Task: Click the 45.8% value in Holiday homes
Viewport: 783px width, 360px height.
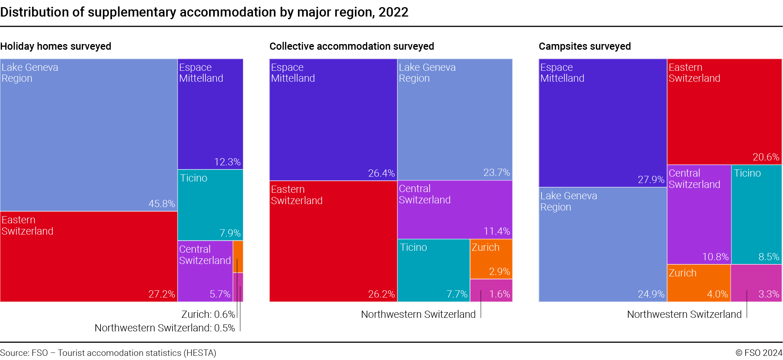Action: coord(162,204)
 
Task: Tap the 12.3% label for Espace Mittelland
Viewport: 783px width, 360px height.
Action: coord(227,162)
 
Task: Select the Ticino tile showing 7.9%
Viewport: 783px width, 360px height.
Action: coord(210,205)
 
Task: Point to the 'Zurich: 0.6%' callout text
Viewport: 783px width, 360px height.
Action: coord(208,314)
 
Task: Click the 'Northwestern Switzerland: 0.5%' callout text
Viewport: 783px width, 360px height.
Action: coord(165,328)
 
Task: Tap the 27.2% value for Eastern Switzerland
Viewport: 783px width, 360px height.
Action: coord(162,294)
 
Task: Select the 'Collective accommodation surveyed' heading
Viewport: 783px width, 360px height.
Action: coord(351,46)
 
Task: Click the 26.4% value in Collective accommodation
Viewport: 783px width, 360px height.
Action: coord(381,173)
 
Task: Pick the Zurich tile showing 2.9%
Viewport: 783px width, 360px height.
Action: coord(491,259)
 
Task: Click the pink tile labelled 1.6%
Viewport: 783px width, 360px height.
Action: coord(491,290)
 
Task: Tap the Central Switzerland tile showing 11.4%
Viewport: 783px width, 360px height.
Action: coord(455,210)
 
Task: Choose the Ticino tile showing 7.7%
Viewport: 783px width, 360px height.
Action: coord(433,270)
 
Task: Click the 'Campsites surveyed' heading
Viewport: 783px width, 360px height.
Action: coord(584,46)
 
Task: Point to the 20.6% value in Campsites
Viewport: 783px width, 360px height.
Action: coord(766,157)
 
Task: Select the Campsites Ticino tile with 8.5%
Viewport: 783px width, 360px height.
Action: coord(756,215)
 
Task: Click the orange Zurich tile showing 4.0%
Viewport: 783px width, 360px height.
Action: coord(699,283)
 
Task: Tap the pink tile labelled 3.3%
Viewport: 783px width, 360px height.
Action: coord(756,283)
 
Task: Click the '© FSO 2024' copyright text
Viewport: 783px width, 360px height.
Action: coord(759,353)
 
